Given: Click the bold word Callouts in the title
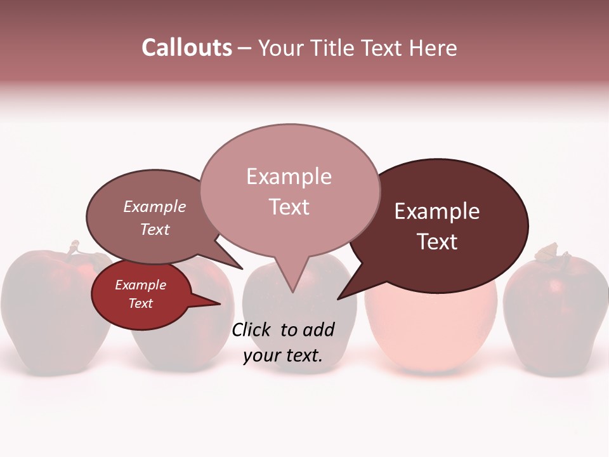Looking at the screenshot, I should point(187,48).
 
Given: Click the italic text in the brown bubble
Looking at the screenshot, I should point(155,218).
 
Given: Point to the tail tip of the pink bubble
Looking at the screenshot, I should point(292,291).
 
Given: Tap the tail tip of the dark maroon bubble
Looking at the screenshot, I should point(339,298).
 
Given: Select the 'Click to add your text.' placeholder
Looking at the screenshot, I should point(283,342).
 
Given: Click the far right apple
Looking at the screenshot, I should point(555,311).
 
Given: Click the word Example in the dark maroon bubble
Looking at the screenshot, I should point(437,211).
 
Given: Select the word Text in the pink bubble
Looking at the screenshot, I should point(289,207).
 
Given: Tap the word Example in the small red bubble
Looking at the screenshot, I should point(141,285).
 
